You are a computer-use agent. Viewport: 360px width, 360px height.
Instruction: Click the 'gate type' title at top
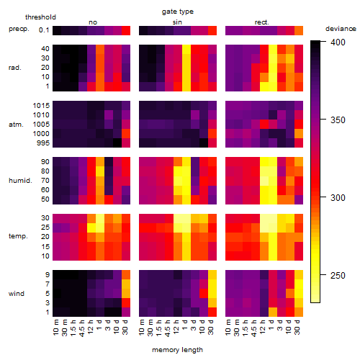pos(178,12)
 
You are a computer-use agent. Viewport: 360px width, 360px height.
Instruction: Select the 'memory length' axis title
pos(177,350)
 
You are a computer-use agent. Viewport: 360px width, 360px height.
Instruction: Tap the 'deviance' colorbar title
pos(341,29)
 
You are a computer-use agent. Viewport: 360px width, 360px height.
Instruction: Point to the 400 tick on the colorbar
pos(323,42)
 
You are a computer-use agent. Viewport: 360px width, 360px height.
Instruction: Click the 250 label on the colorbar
pos(338,275)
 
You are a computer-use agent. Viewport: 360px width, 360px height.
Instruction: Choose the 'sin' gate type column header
pos(177,22)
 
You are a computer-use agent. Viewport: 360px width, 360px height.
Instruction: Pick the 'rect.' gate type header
pos(261,22)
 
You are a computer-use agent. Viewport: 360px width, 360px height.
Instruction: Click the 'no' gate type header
pos(93,22)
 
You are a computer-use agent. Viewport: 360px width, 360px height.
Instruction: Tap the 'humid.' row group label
pos(20,181)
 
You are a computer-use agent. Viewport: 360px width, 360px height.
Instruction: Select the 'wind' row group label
pos(17,294)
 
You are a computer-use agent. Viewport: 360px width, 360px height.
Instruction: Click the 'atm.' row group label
pos(16,125)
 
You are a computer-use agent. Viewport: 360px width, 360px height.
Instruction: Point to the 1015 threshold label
pos(41,105)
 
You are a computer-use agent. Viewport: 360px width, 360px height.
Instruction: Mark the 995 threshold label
pos(43,143)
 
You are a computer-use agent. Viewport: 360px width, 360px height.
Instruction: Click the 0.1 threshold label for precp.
pos(44,30)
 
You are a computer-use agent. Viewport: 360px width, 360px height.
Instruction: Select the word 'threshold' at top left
pos(40,17)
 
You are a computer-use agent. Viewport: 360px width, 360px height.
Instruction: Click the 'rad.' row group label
pos(15,68)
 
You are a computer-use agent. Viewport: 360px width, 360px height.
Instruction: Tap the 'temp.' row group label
pos(18,236)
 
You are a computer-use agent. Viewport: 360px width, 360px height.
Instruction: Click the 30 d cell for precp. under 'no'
pos(126,30)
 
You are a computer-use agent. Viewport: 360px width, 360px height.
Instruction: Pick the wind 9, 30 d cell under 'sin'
pos(212,274)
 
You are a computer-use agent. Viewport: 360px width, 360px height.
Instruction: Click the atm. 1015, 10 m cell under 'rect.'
pos(230,105)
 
